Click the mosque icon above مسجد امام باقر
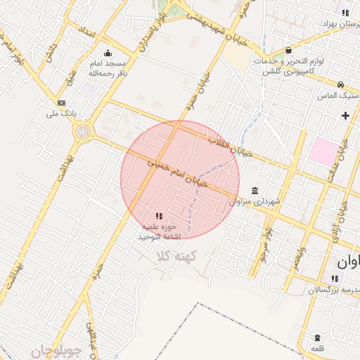click(x=107, y=53)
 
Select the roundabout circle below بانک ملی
click(x=84, y=131)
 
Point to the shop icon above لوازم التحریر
click(x=289, y=50)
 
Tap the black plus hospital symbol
click(x=345, y=115)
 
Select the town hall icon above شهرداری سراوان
click(x=254, y=191)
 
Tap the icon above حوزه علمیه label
click(x=159, y=215)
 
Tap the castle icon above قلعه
click(x=318, y=337)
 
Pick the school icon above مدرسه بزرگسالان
click(x=334, y=279)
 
